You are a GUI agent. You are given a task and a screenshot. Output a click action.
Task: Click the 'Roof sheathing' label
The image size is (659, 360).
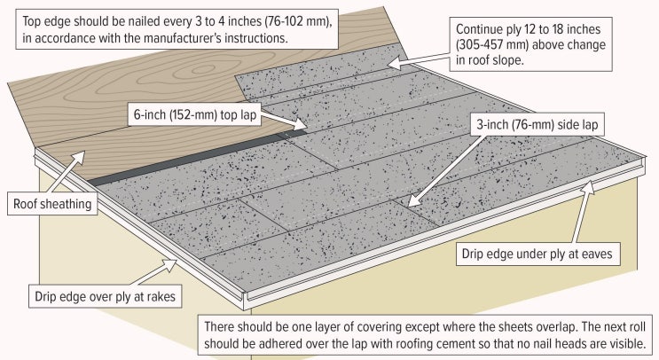click(x=52, y=204)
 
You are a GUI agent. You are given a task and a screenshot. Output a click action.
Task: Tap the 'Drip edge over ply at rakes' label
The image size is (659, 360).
click(x=105, y=296)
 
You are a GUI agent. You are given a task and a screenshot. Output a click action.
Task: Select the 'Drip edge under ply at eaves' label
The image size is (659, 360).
click(x=537, y=254)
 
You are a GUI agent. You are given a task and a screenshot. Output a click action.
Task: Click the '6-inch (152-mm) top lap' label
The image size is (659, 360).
click(x=195, y=114)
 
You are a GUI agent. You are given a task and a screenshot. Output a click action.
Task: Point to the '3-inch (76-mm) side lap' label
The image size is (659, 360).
click(x=537, y=124)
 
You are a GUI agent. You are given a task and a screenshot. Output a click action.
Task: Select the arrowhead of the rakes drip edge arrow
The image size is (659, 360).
click(x=170, y=264)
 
